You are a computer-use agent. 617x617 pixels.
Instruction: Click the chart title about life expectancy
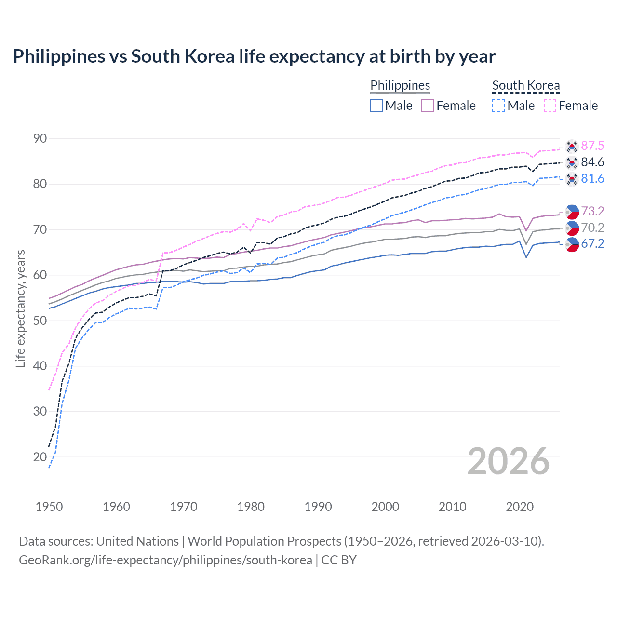click(254, 56)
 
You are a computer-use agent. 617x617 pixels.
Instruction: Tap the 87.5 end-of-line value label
click(592, 146)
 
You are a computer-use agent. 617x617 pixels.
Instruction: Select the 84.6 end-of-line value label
click(592, 162)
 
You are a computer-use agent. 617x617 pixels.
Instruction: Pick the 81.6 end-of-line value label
click(592, 178)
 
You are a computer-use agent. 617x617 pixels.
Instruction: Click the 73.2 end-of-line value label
click(592, 211)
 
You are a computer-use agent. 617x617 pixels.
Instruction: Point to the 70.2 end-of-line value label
click(592, 228)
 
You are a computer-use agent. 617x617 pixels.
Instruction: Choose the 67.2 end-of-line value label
click(592, 243)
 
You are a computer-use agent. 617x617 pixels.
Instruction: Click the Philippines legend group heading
click(400, 85)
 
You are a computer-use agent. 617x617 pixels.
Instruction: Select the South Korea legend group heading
click(526, 85)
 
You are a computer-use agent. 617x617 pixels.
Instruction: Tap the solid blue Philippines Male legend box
click(376, 106)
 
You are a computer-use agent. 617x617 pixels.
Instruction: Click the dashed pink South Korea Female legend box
click(550, 106)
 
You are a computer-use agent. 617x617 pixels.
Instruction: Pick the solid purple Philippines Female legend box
click(428, 106)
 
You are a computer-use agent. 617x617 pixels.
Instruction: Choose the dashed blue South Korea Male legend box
click(498, 106)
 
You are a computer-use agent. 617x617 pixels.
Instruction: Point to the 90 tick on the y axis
click(40, 139)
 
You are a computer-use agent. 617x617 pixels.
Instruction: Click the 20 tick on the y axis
click(40, 457)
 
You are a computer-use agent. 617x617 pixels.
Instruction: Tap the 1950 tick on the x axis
click(49, 507)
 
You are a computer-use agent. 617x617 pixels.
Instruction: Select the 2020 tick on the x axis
click(520, 507)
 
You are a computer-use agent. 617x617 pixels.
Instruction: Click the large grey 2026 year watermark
click(509, 461)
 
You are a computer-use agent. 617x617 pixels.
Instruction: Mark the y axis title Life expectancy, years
click(21, 308)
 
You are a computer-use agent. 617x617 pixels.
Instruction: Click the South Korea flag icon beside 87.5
click(572, 146)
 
